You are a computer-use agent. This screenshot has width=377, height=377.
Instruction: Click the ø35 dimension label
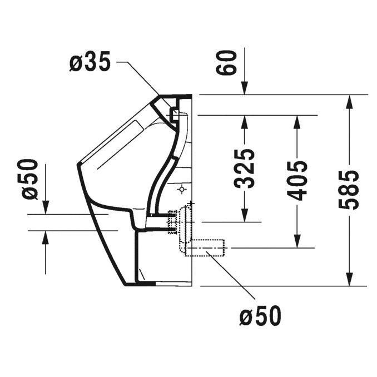(x=90, y=63)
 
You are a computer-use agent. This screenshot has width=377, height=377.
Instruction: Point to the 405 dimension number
(x=299, y=181)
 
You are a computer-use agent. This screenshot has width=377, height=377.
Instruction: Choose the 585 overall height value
(x=349, y=191)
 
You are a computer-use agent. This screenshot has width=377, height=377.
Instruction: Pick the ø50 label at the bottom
(x=260, y=316)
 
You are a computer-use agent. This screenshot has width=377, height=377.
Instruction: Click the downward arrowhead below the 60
(x=243, y=89)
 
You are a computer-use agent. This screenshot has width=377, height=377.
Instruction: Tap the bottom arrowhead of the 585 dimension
(x=349, y=280)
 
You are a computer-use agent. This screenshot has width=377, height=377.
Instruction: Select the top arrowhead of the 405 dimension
(x=299, y=121)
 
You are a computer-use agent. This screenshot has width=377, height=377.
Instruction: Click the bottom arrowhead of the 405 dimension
(x=299, y=241)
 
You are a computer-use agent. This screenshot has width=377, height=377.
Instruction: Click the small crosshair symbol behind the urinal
(x=181, y=191)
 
